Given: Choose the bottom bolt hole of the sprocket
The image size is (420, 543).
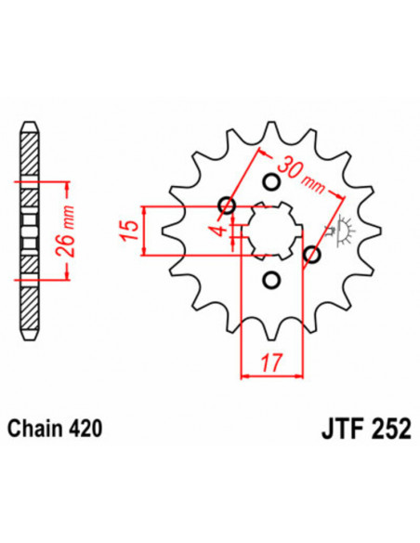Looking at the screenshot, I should [x=271, y=278].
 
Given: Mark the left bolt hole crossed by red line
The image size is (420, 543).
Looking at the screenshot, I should [x=226, y=205].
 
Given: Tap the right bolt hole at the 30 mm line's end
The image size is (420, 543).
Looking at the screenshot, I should [x=313, y=254].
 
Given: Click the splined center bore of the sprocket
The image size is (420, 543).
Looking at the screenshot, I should [x=270, y=230].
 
